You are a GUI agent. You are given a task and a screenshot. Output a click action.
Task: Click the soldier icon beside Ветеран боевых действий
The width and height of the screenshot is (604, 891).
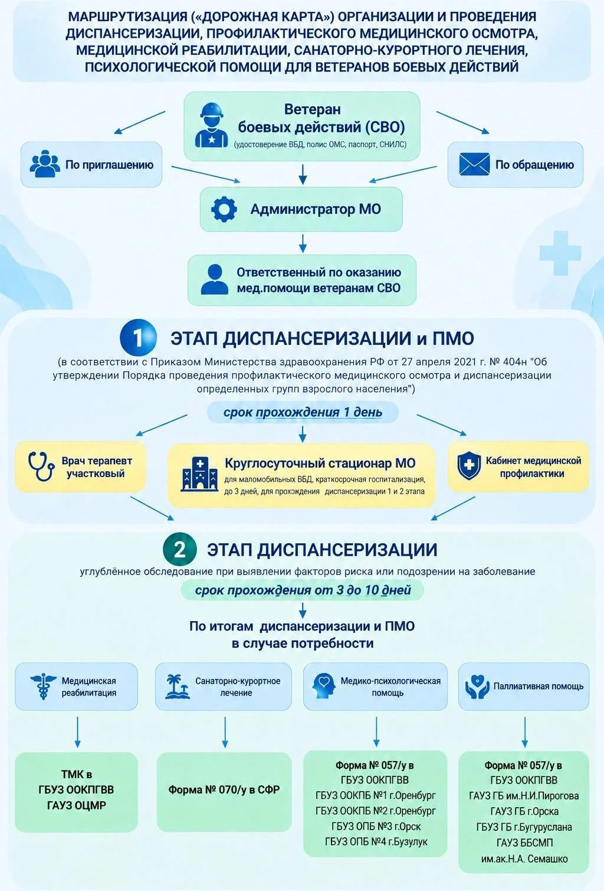point(211,126)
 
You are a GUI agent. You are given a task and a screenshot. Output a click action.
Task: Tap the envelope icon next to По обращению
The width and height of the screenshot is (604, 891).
point(474,164)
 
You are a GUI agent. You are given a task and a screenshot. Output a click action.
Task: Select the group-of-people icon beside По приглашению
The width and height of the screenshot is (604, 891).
point(45,164)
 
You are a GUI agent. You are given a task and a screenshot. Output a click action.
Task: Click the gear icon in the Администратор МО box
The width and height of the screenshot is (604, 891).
point(224,209)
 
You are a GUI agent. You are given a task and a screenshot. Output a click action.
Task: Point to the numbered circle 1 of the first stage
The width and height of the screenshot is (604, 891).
point(138,338)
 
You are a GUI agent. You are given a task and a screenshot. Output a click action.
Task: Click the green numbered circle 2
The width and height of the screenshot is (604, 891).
point(180,550)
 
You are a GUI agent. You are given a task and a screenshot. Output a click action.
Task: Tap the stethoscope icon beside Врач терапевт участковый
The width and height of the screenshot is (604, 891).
point(41,466)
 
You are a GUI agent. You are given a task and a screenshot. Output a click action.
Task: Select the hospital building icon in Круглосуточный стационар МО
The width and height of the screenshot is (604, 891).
point(199,474)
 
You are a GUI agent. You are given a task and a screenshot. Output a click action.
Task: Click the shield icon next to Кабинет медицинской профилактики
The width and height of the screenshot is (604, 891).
point(469,466)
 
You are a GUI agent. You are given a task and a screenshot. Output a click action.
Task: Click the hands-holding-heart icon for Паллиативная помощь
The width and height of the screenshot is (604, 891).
point(477,687)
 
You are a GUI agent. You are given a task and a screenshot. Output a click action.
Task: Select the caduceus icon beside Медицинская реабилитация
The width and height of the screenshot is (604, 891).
point(43,687)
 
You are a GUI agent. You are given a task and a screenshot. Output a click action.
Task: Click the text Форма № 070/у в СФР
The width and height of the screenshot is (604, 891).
point(224,789)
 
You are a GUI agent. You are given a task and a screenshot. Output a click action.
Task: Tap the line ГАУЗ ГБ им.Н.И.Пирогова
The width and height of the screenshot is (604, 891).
point(524,796)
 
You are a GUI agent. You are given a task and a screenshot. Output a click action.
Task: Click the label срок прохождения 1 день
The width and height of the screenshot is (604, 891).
point(303,412)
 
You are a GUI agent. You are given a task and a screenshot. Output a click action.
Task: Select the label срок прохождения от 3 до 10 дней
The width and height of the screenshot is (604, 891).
point(303,590)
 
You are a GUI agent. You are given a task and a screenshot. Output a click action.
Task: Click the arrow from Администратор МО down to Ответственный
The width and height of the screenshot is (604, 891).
point(303,244)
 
